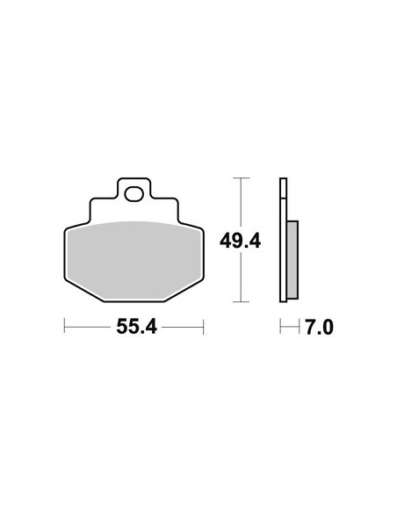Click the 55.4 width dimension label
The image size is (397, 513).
tap(137, 327)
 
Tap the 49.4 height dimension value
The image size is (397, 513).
tap(240, 242)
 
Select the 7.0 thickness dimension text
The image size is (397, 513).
tap(320, 328)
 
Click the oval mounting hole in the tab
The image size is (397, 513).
tap(134, 194)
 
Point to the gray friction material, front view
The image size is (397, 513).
tap(134, 260)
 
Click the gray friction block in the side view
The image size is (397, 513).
tap(292, 260)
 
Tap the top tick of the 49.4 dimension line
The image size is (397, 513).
tap(241, 178)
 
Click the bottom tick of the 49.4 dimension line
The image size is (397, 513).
tap(241, 301)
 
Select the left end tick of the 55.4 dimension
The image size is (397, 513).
tap(64, 326)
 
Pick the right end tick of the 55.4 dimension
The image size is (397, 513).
tap(204, 326)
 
